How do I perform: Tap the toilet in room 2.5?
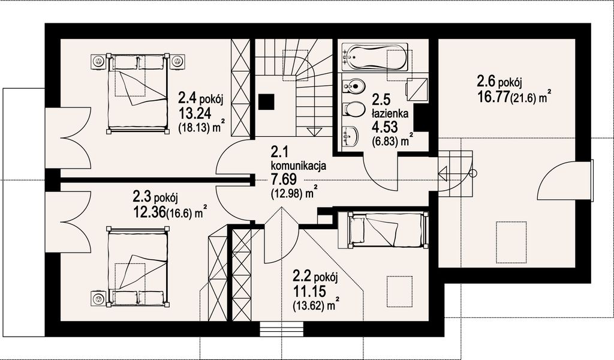point(353,110)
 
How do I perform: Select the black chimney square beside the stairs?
point(266,102)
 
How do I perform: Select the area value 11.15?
point(308,292)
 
